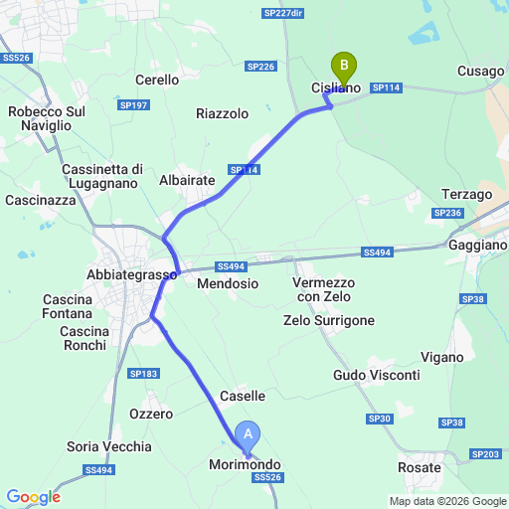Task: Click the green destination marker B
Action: [344, 68]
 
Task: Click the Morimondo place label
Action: [245, 464]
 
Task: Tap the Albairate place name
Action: [187, 180]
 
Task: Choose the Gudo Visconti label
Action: [376, 375]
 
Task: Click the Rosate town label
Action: [419, 467]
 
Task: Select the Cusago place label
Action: [481, 71]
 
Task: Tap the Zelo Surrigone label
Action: [329, 320]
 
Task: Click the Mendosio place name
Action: [228, 283]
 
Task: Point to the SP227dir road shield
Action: [283, 13]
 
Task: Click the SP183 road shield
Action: [144, 373]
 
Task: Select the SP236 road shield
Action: [447, 213]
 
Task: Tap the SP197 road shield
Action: [132, 104]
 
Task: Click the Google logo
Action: [33, 497]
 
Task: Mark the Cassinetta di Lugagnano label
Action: [103, 176]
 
